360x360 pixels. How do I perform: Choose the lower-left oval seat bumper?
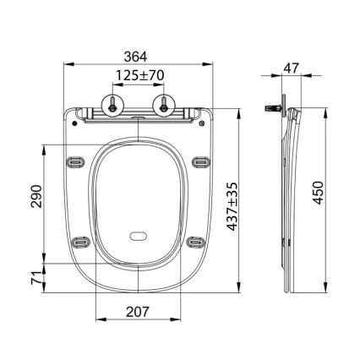point(81,241)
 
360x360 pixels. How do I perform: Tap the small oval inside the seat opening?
point(138,237)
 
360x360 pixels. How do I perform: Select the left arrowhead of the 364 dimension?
point(67,64)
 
